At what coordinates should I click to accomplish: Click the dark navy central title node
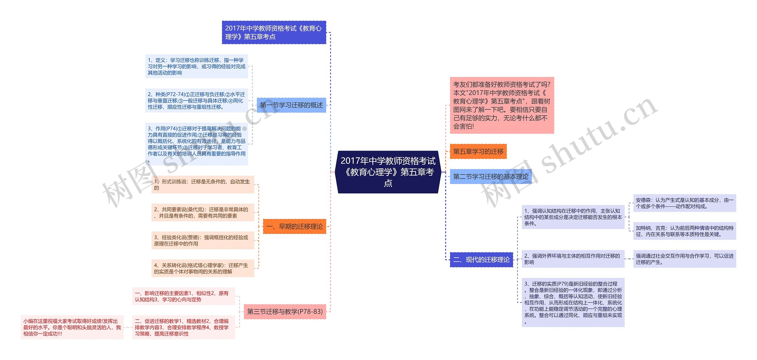(x=388, y=172)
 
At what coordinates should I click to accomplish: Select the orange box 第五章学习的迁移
(x=478, y=151)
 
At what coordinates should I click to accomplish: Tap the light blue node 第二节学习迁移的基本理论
(x=490, y=177)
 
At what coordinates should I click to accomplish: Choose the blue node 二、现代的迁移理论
(x=481, y=260)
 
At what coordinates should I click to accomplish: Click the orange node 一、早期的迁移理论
(x=294, y=227)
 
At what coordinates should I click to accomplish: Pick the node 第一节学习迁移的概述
(x=291, y=105)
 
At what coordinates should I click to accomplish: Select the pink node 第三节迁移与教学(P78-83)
(x=284, y=311)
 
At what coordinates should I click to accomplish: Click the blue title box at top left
(x=274, y=33)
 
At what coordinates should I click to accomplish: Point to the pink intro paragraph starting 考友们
(x=502, y=105)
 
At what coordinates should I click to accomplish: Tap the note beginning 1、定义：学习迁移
(x=196, y=66)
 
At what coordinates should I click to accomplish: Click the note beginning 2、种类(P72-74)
(x=196, y=101)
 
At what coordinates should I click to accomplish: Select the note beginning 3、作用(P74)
(x=196, y=144)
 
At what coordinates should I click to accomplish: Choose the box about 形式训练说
(x=203, y=185)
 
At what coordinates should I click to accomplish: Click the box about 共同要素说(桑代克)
(x=203, y=213)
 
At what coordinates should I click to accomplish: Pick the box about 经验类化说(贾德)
(x=203, y=240)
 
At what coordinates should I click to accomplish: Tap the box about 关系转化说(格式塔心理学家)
(x=203, y=268)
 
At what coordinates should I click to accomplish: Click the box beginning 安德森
(x=684, y=203)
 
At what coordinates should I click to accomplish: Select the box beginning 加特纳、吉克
(x=684, y=231)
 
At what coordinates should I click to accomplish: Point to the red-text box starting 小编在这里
(x=72, y=327)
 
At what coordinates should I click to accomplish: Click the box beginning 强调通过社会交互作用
(x=684, y=259)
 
